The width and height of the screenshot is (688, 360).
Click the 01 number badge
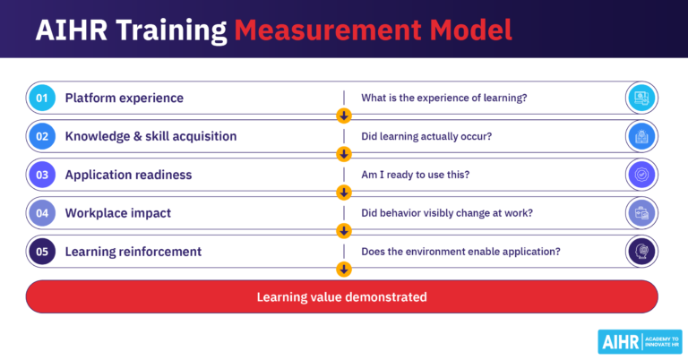[x=42, y=98]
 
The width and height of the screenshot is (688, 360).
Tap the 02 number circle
[x=42, y=136]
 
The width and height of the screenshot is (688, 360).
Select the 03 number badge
[x=42, y=175]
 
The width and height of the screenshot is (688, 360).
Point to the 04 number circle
[x=42, y=213]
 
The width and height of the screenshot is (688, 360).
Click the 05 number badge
[x=42, y=252]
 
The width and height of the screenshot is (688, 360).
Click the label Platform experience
[x=124, y=98]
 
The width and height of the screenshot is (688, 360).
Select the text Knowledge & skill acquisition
[x=150, y=136]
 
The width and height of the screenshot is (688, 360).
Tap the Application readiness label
[x=128, y=175]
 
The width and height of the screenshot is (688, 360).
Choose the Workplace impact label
[x=119, y=213]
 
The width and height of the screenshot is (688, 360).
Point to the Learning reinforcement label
[x=133, y=252]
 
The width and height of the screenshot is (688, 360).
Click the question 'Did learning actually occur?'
[x=426, y=136]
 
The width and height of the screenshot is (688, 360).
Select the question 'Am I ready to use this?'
[x=417, y=175]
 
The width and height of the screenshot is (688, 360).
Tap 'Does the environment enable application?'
[x=460, y=252]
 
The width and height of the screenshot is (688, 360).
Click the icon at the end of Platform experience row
[x=641, y=98]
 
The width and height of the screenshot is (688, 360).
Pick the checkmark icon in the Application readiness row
[x=641, y=175]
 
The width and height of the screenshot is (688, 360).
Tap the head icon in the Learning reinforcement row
[x=641, y=252]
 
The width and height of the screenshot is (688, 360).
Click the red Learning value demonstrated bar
[x=342, y=296]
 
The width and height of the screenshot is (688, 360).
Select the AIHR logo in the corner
[x=639, y=341]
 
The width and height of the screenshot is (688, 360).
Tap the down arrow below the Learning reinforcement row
[x=343, y=269]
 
